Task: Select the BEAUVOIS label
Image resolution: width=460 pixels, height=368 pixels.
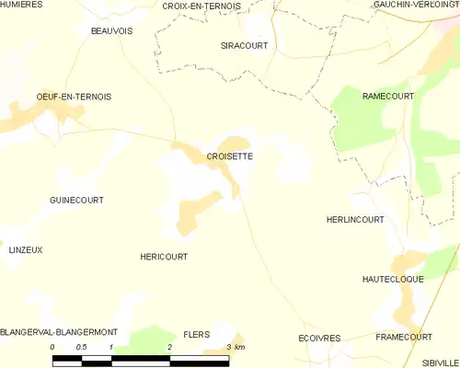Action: [x=111, y=30]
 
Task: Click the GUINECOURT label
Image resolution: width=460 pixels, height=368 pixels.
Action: [x=76, y=200]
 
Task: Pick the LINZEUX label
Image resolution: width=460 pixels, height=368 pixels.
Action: [x=26, y=249]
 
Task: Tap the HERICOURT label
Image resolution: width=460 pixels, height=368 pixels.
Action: [x=164, y=257]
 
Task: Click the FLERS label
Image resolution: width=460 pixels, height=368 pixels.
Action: [x=197, y=334]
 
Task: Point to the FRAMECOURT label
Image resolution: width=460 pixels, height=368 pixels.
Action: [x=404, y=338]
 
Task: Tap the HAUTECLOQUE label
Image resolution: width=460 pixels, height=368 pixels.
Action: [x=393, y=279]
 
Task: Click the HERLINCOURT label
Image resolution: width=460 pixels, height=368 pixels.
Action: [x=355, y=220]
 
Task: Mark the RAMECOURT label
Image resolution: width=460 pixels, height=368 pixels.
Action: [x=388, y=96]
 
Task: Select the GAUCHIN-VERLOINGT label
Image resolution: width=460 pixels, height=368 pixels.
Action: [x=417, y=6]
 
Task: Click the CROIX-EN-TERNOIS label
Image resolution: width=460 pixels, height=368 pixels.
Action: [x=201, y=6]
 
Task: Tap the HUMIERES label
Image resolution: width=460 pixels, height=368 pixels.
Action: [x=25, y=6]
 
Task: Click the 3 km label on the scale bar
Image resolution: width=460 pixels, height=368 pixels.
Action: [x=235, y=346]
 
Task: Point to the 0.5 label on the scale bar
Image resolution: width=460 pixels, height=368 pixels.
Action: [x=82, y=346]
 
